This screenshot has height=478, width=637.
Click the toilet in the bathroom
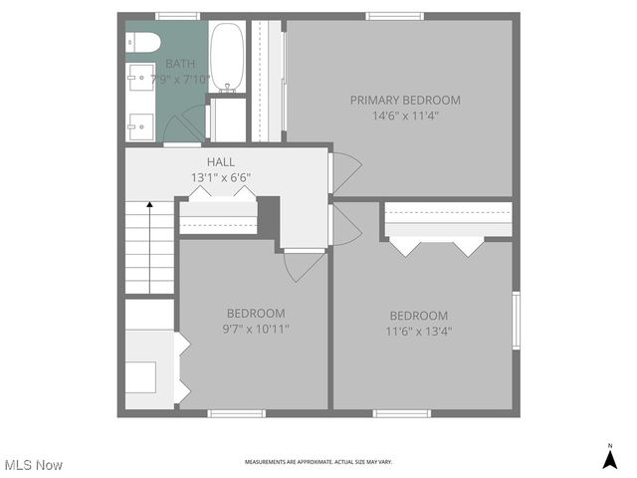point(143,42)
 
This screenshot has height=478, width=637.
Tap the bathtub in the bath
point(227,58)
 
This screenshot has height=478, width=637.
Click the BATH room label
point(180,64)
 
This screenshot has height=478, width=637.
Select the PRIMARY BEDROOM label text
point(405,100)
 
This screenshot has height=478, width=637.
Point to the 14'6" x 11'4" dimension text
point(405,116)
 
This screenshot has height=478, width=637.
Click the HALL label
point(221,161)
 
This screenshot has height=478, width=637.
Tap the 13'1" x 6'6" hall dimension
point(221,177)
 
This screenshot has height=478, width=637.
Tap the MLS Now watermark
point(33,465)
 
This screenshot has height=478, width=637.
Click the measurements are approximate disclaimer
point(318,462)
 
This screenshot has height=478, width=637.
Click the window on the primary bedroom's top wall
point(395,16)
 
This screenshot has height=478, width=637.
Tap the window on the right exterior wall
point(515,320)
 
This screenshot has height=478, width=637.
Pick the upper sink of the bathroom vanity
point(139,77)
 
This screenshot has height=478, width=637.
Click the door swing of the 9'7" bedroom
point(303,264)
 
